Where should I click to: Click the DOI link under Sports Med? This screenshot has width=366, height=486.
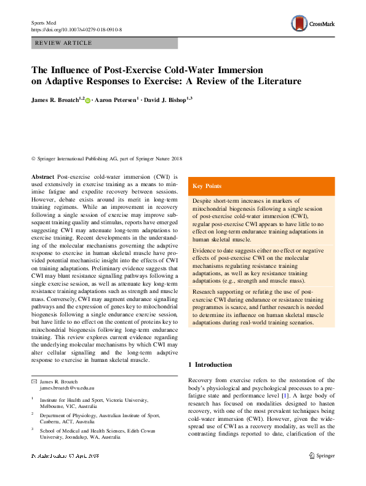[76, 29]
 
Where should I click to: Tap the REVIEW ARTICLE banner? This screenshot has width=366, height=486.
[65, 43]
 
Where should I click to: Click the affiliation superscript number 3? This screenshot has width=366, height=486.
[33, 429]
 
